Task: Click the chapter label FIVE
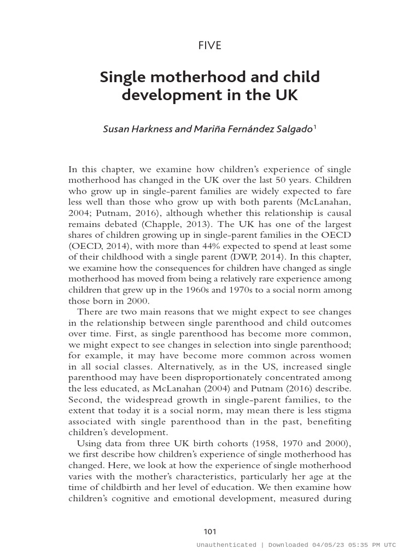click(210, 45)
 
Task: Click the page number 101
click(210, 532)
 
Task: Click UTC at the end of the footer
click(389, 545)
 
